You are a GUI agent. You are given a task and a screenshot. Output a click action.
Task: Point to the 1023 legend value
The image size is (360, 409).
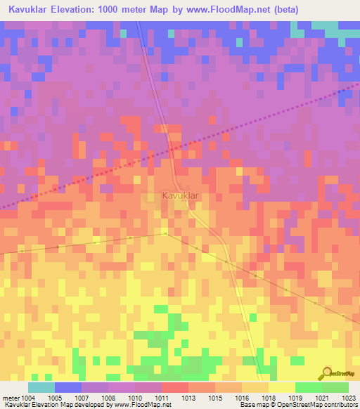[349, 398]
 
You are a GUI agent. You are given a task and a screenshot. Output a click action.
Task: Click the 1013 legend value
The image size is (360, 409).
[188, 398]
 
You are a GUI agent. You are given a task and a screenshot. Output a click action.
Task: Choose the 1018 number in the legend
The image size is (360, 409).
[269, 398]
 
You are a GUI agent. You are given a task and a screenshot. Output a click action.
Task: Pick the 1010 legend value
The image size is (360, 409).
[135, 398]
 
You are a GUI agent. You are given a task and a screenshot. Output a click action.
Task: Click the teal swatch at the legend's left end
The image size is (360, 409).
[41, 387]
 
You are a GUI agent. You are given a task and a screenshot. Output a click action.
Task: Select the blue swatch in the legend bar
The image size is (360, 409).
[67, 387]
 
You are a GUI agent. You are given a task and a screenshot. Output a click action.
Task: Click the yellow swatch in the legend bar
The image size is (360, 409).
[281, 387]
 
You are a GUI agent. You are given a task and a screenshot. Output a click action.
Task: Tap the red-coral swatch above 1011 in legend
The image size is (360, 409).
[174, 387]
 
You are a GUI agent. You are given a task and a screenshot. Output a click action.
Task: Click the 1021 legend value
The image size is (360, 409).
[322, 398]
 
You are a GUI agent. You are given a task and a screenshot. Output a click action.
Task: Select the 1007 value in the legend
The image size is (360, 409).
[82, 398]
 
